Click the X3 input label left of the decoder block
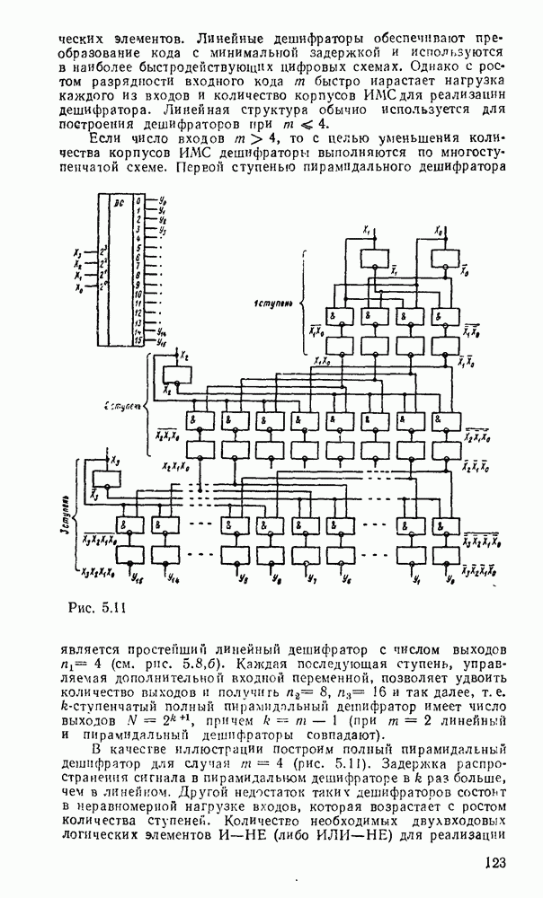coord(78,252)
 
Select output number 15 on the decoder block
coord(137,342)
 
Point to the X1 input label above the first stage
coord(367,232)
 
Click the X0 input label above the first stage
coord(438,232)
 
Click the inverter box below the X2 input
coord(170,369)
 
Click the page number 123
coord(492,863)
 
